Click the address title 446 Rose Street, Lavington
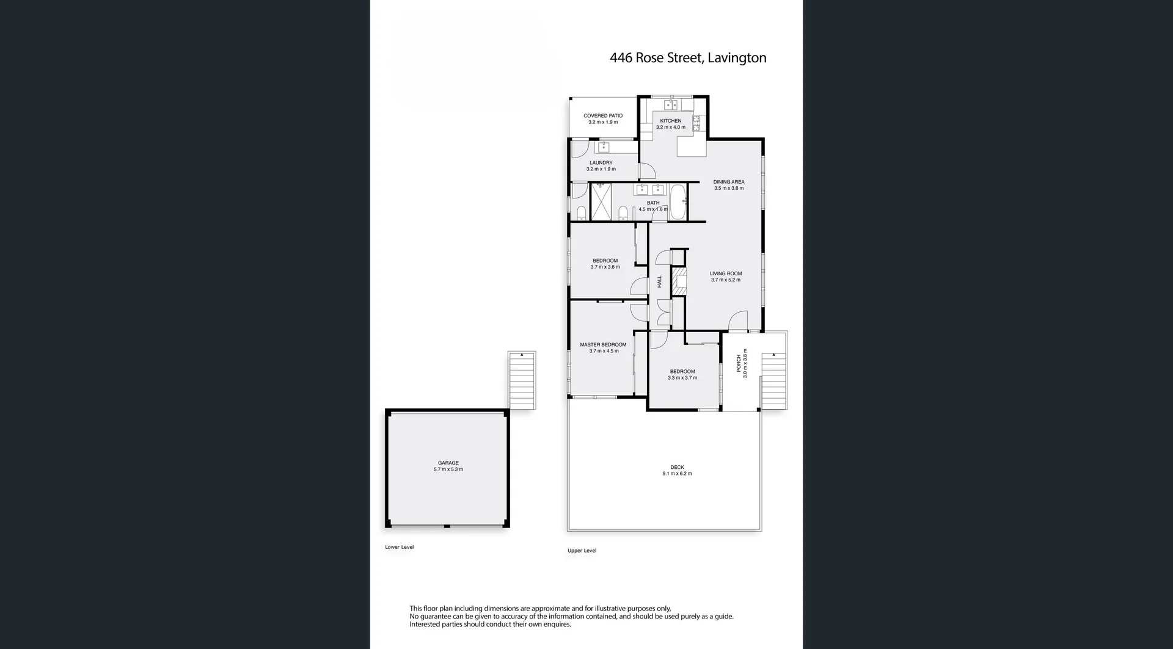(687, 58)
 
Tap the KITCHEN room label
(670, 121)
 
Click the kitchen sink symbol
(671, 104)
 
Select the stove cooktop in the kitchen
(696, 123)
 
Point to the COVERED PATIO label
(602, 115)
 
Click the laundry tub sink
(604, 147)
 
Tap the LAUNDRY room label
(601, 163)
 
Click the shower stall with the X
(601, 202)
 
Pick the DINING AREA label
(728, 182)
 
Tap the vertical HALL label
(659, 281)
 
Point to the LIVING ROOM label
(725, 274)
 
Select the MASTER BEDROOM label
(602, 345)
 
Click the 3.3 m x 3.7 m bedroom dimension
(682, 378)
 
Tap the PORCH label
(738, 363)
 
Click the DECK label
(676, 467)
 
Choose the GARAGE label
(448, 463)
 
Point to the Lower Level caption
(399, 547)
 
